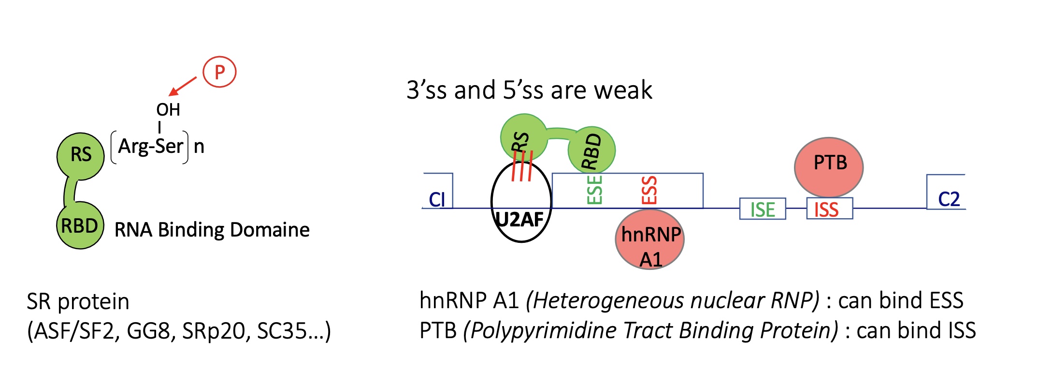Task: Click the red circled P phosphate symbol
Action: [x=219, y=72]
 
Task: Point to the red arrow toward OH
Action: [x=183, y=87]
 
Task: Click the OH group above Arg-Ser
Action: [x=168, y=110]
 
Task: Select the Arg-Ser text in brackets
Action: [x=150, y=146]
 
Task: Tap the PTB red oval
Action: [x=829, y=166]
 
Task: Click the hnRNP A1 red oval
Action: [x=649, y=239]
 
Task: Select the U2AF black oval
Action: [x=521, y=202]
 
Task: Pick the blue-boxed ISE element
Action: [x=762, y=209]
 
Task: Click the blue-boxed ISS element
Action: [x=829, y=209]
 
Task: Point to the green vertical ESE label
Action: [x=594, y=190]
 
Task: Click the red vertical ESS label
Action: [x=649, y=190]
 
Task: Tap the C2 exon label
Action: [x=948, y=199]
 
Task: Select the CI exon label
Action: [x=437, y=199]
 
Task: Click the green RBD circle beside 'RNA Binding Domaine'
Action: [x=80, y=226]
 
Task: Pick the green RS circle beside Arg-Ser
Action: [x=81, y=155]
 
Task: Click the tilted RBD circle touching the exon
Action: [x=591, y=150]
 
